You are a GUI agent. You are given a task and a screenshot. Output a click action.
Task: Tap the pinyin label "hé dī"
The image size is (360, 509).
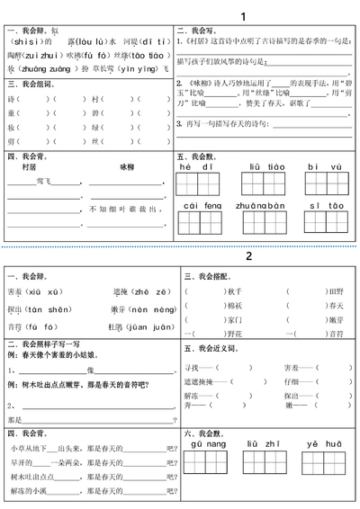[195, 166]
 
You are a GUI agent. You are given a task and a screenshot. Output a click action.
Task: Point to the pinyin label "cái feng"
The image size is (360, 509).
[202, 206]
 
